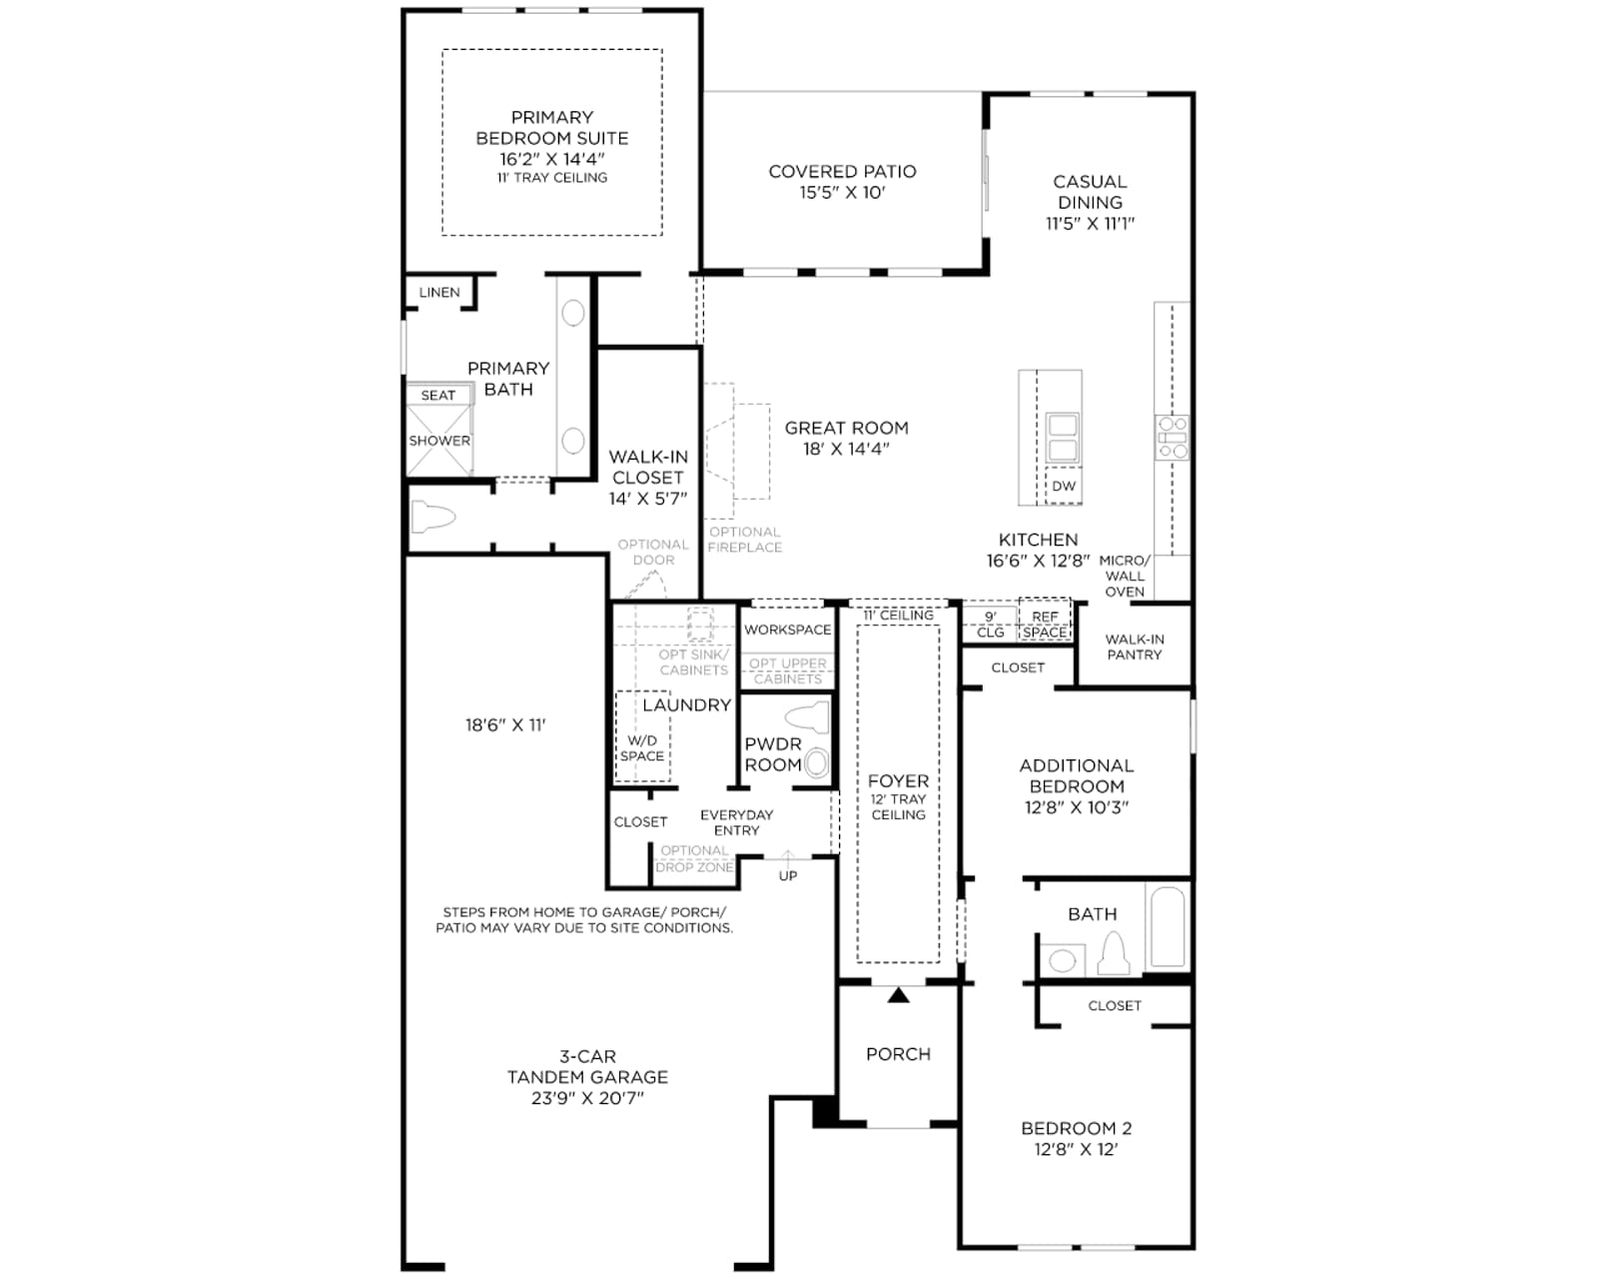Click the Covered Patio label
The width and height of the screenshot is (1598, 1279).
(x=842, y=172)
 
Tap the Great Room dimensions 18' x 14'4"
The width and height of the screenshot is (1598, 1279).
(x=847, y=449)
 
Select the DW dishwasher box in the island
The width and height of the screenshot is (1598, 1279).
(x=1064, y=486)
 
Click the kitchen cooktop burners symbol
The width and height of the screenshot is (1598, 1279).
(x=1173, y=437)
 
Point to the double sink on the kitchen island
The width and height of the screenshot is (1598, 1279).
(x=1062, y=438)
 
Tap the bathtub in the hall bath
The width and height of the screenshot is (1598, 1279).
(x=1167, y=926)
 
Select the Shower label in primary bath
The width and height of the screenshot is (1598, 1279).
(x=438, y=441)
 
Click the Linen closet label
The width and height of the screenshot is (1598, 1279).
(x=439, y=293)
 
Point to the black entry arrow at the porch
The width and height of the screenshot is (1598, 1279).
(x=899, y=994)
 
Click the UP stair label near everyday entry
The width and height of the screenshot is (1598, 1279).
(x=788, y=876)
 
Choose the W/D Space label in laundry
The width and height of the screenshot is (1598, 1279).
(x=642, y=748)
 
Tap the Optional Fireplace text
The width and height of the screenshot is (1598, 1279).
(x=745, y=540)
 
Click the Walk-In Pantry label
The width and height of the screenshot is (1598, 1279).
(x=1135, y=647)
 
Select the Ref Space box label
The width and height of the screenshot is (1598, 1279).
(x=1045, y=625)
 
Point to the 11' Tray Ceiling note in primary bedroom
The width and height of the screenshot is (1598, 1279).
(x=552, y=178)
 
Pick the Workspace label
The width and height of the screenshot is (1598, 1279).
(x=788, y=630)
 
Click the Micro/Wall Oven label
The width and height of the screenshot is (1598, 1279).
(x=1125, y=576)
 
